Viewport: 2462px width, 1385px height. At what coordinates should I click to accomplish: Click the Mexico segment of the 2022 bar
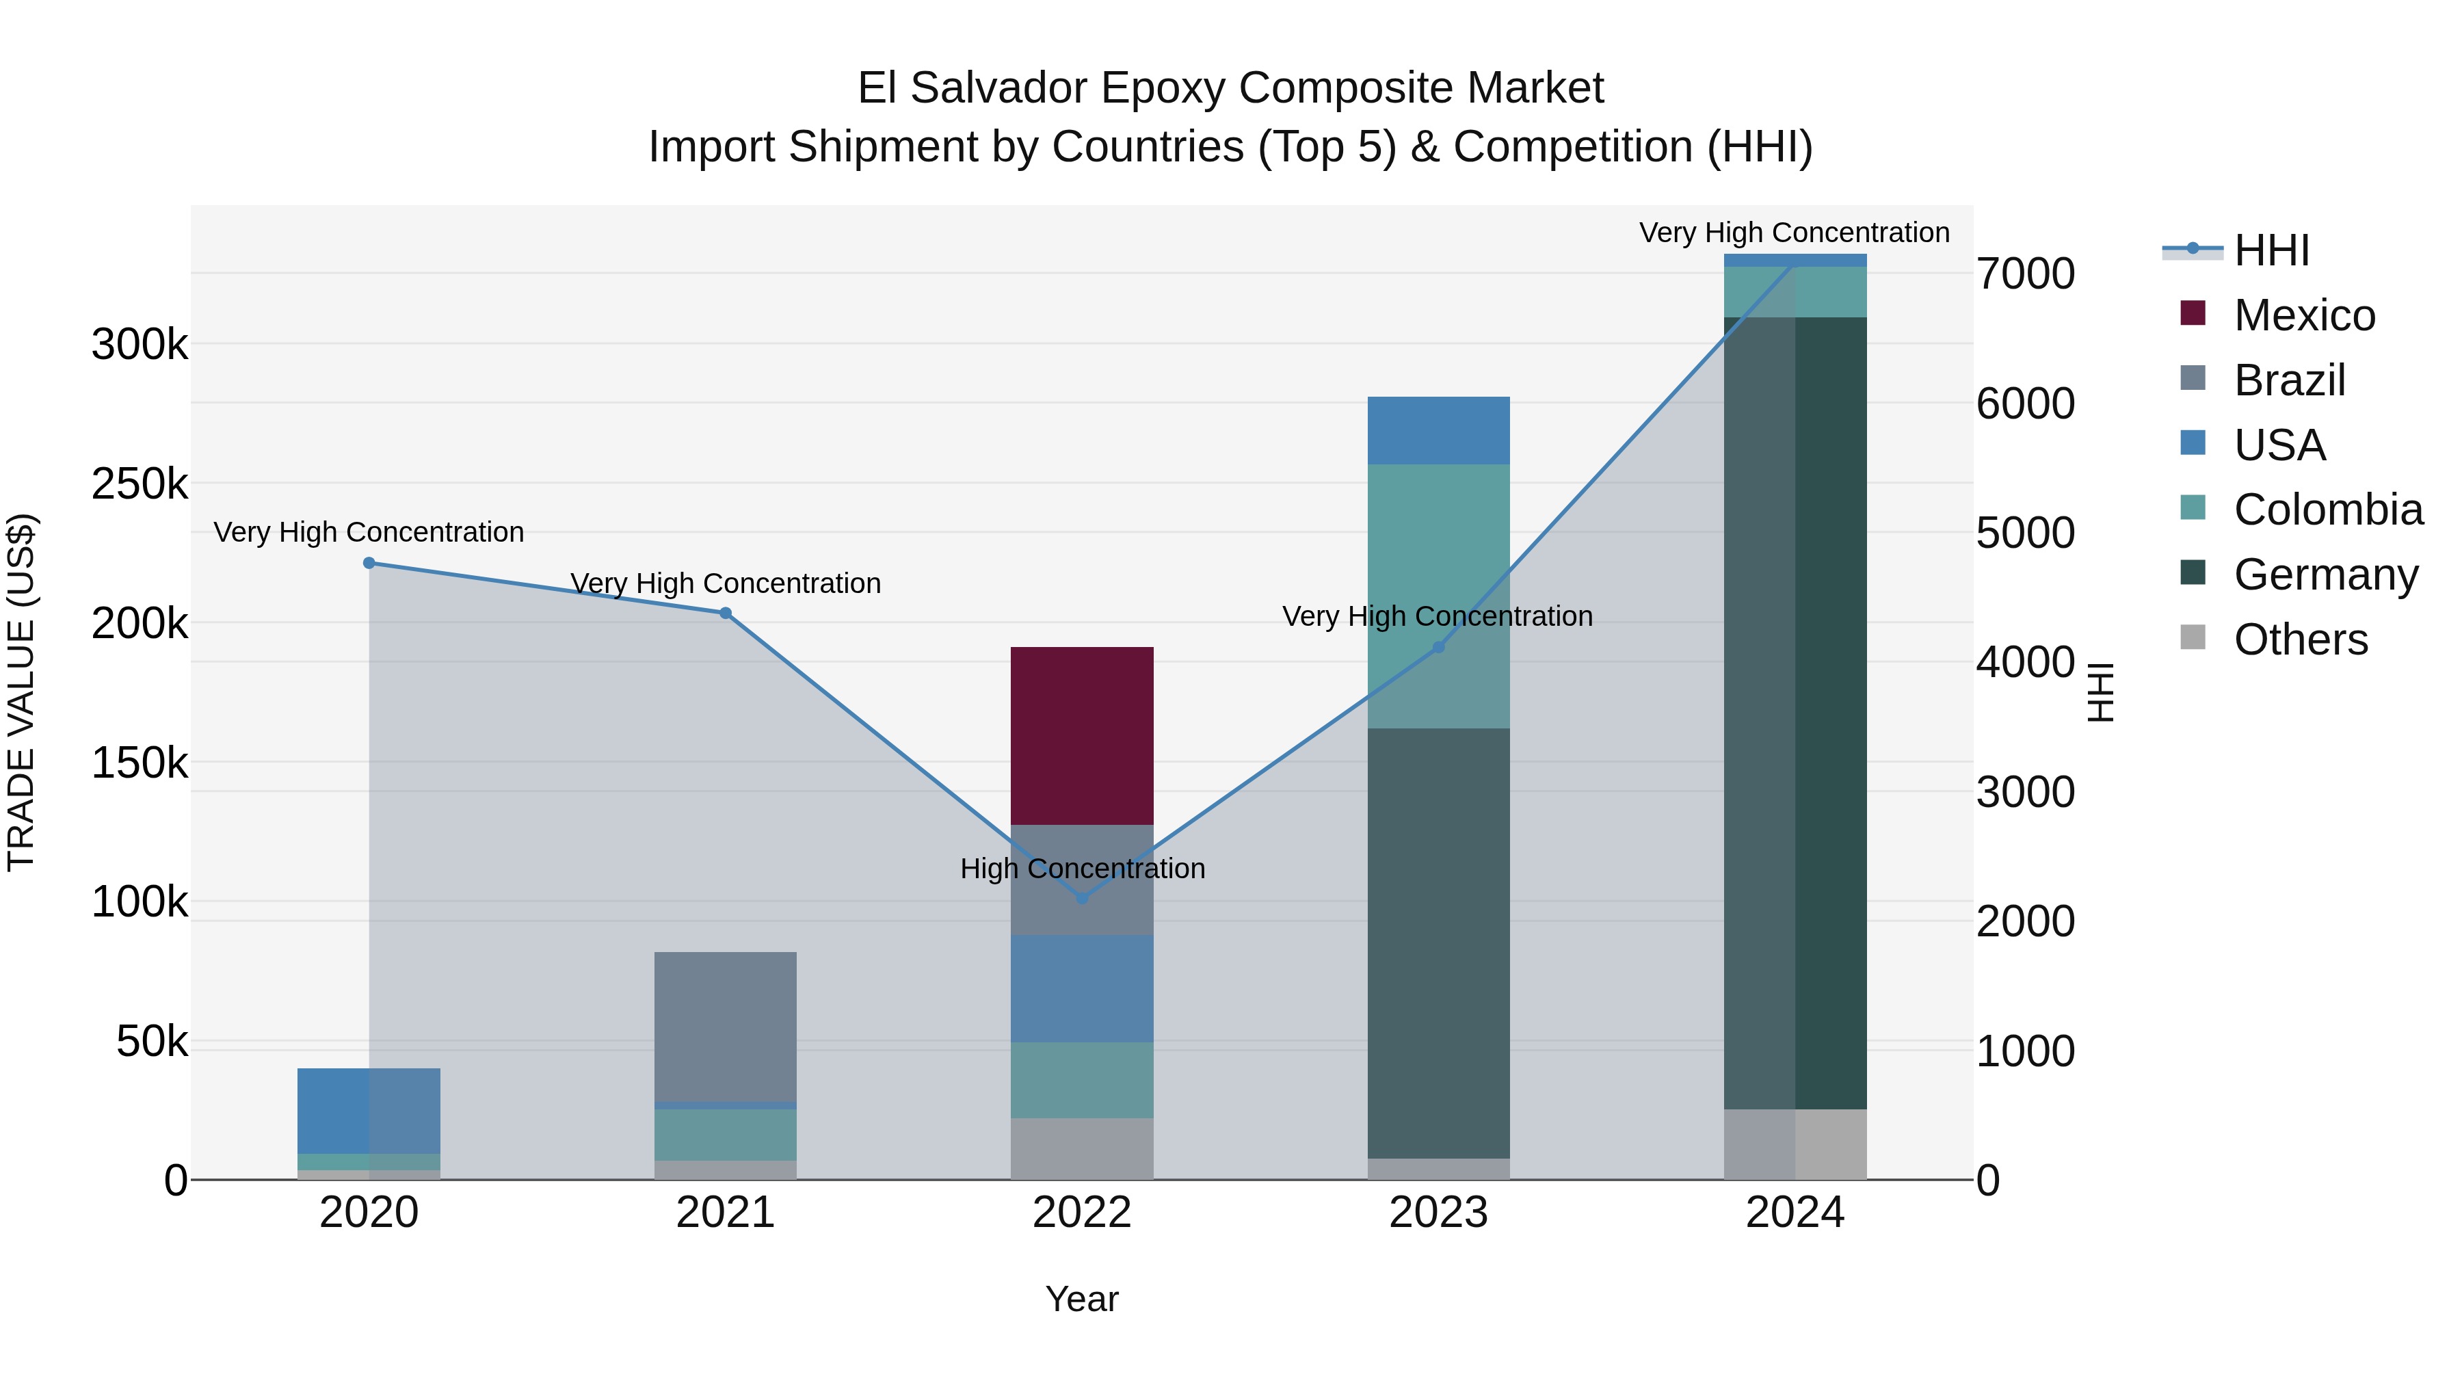1082,735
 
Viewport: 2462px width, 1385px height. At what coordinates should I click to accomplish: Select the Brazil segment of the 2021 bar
726,1026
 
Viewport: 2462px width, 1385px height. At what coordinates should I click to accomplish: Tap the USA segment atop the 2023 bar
1438,430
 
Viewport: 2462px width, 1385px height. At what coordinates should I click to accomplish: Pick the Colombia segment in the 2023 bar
1438,596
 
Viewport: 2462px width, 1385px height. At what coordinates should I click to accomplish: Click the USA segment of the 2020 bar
369,1110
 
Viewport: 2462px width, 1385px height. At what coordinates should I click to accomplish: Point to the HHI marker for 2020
369,563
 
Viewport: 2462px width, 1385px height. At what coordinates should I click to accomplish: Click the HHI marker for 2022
1082,897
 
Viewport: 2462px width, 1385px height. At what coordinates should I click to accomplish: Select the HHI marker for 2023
1438,647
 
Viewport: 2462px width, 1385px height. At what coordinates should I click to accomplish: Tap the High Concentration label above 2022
1082,868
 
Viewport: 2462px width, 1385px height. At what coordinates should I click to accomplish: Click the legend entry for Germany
2325,575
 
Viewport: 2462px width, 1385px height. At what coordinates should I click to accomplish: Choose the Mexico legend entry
2303,315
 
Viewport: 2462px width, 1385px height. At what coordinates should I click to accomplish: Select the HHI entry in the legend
2271,250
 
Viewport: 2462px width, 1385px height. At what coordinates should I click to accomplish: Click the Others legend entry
2299,639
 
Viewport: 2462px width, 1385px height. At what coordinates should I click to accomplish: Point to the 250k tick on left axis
140,484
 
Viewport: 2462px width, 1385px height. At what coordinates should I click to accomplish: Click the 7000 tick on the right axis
2025,274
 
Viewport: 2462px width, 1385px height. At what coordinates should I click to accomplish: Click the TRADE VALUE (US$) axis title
21,692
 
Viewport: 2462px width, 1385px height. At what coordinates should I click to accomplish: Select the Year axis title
1081,1299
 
